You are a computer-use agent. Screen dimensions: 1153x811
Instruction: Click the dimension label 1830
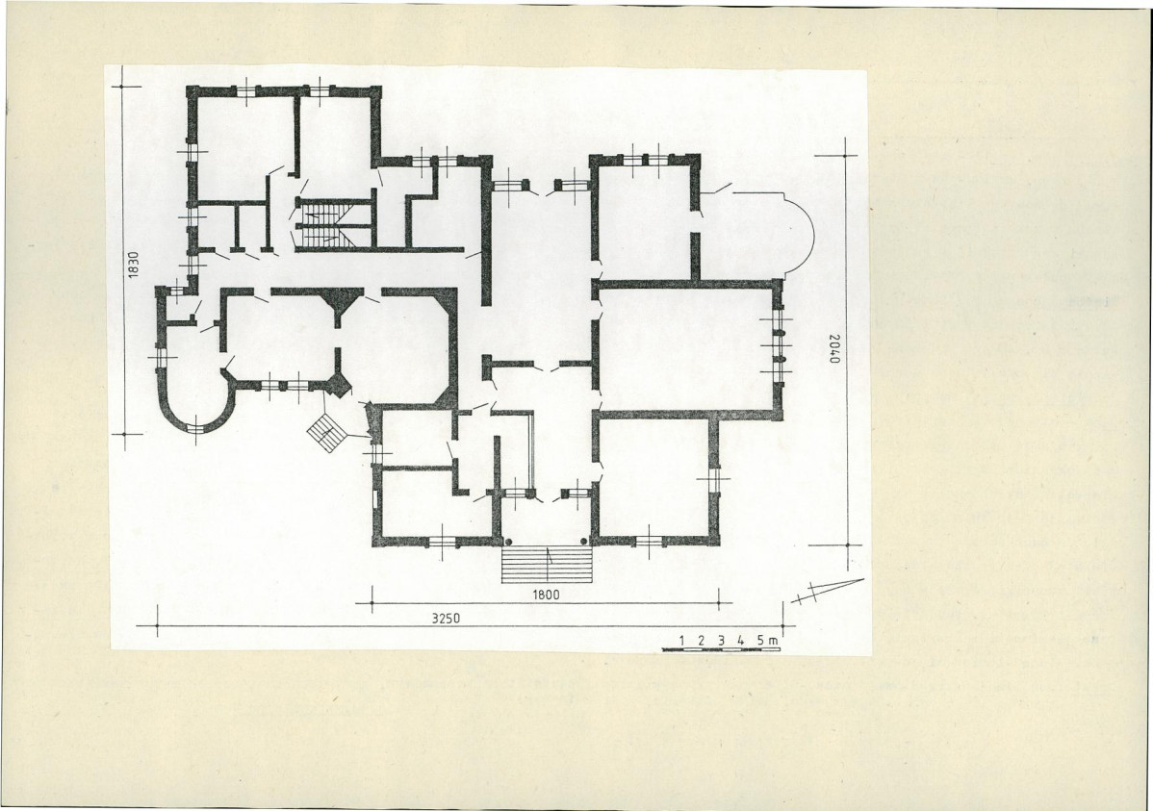pyautogui.click(x=133, y=266)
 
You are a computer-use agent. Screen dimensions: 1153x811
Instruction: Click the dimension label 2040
pyautogui.click(x=833, y=348)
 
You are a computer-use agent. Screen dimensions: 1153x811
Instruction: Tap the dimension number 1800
pyautogui.click(x=546, y=595)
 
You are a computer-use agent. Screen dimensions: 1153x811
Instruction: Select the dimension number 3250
pyautogui.click(x=446, y=619)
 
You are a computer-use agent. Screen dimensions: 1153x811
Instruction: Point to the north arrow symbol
pyautogui.click(x=828, y=591)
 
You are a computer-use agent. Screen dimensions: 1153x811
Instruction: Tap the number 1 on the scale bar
pyautogui.click(x=682, y=641)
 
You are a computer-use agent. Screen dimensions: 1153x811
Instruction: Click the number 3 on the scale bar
pyautogui.click(x=721, y=641)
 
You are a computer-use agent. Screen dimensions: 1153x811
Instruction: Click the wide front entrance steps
pyautogui.click(x=547, y=565)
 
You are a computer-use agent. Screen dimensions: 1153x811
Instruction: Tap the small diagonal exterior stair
pyautogui.click(x=326, y=429)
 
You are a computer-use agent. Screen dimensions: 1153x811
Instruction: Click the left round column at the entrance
pyautogui.click(x=507, y=542)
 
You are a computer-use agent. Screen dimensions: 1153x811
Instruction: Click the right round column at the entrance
pyautogui.click(x=584, y=542)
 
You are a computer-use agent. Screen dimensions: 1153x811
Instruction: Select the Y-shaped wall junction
pyautogui.click(x=338, y=304)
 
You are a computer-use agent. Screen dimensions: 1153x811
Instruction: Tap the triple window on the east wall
pyautogui.click(x=778, y=345)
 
